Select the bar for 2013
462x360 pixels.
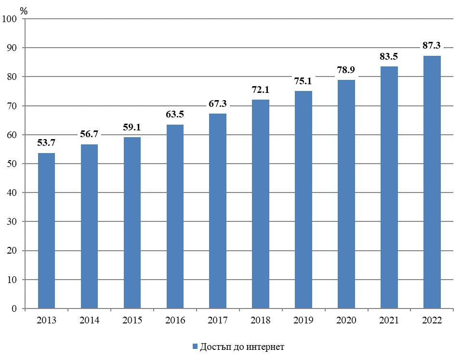[x=46, y=231]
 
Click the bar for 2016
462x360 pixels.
[x=175, y=217]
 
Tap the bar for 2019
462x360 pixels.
[x=304, y=200]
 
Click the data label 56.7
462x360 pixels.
[x=89, y=134]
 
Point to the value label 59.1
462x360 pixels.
[x=132, y=128]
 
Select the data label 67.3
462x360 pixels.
[x=218, y=104]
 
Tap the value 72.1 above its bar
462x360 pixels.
[x=261, y=90]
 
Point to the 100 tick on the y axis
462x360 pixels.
[x=9, y=19]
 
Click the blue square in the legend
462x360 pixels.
[x=195, y=347]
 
